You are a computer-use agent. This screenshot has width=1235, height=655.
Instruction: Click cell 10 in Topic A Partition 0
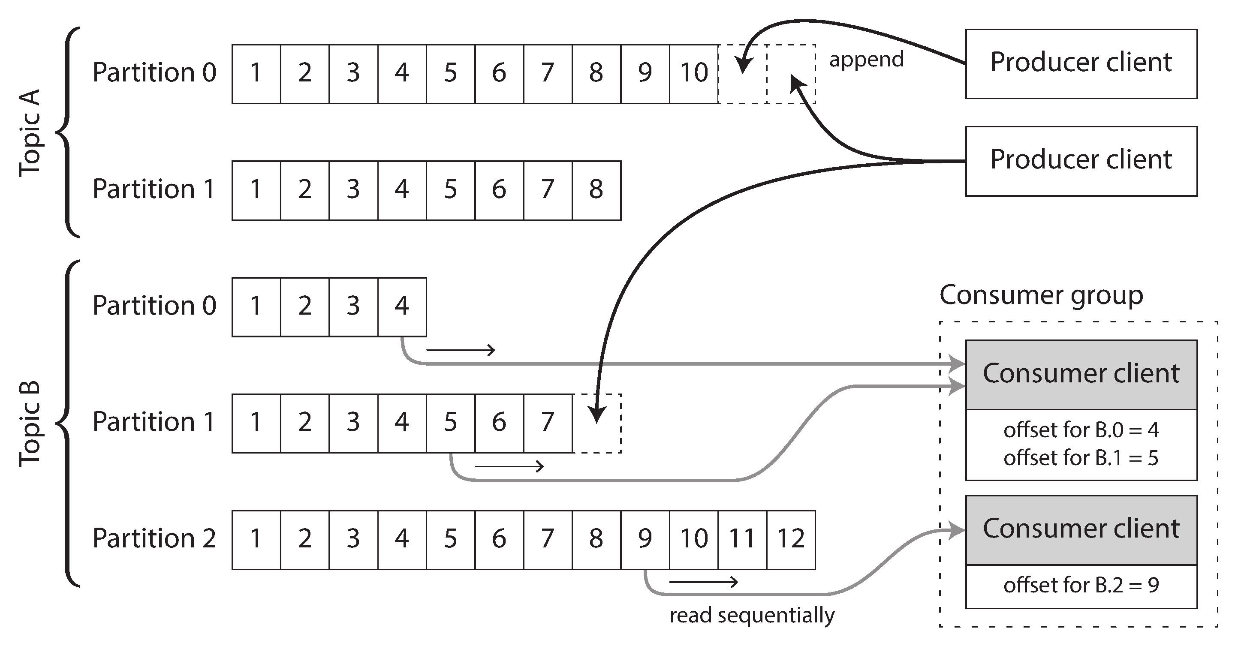point(694,74)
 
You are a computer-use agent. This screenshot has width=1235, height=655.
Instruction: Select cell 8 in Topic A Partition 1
point(596,190)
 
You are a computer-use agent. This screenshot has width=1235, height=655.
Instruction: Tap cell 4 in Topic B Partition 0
point(402,306)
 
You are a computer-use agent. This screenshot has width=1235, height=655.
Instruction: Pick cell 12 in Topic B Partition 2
point(791,540)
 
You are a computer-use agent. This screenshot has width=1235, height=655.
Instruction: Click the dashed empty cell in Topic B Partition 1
point(597,423)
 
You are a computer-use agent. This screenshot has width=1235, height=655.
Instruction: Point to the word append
point(866,60)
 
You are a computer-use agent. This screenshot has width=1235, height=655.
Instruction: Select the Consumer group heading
point(1041,295)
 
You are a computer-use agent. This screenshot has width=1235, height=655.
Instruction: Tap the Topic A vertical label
point(30,133)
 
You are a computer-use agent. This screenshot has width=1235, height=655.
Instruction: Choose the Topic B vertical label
point(30,424)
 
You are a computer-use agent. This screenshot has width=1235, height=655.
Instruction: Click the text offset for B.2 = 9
point(1081,586)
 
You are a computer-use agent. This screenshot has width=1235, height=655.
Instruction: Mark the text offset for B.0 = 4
point(1081,430)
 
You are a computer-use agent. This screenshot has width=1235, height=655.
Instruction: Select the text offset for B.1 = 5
point(1081,458)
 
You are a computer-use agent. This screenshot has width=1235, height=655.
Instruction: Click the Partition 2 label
point(154,538)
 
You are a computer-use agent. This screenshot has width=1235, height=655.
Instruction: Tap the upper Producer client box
point(1081,64)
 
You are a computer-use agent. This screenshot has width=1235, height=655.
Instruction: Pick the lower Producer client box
point(1081,161)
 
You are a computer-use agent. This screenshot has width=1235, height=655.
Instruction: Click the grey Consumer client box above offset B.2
point(1081,530)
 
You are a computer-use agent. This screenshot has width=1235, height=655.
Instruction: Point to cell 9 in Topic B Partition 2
point(645,540)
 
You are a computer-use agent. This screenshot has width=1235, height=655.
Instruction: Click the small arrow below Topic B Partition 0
point(460,350)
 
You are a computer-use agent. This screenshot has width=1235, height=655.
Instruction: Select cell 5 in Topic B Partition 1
point(450,423)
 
